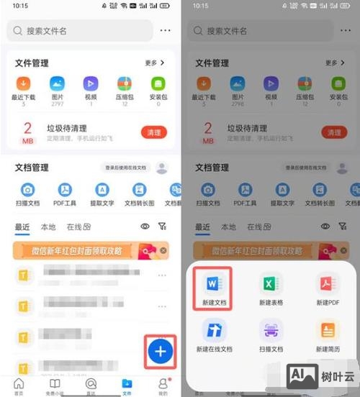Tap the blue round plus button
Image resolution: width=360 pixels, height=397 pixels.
click(x=161, y=352)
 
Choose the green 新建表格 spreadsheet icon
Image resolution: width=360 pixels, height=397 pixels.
click(x=271, y=283)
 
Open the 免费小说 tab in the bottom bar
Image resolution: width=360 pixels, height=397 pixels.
click(x=55, y=385)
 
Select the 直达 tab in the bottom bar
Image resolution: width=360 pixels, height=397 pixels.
click(x=91, y=385)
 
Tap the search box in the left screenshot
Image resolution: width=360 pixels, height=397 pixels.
click(x=79, y=31)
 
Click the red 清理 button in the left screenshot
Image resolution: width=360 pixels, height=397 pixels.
click(x=153, y=132)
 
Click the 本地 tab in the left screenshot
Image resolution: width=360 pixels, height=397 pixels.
click(x=48, y=227)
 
